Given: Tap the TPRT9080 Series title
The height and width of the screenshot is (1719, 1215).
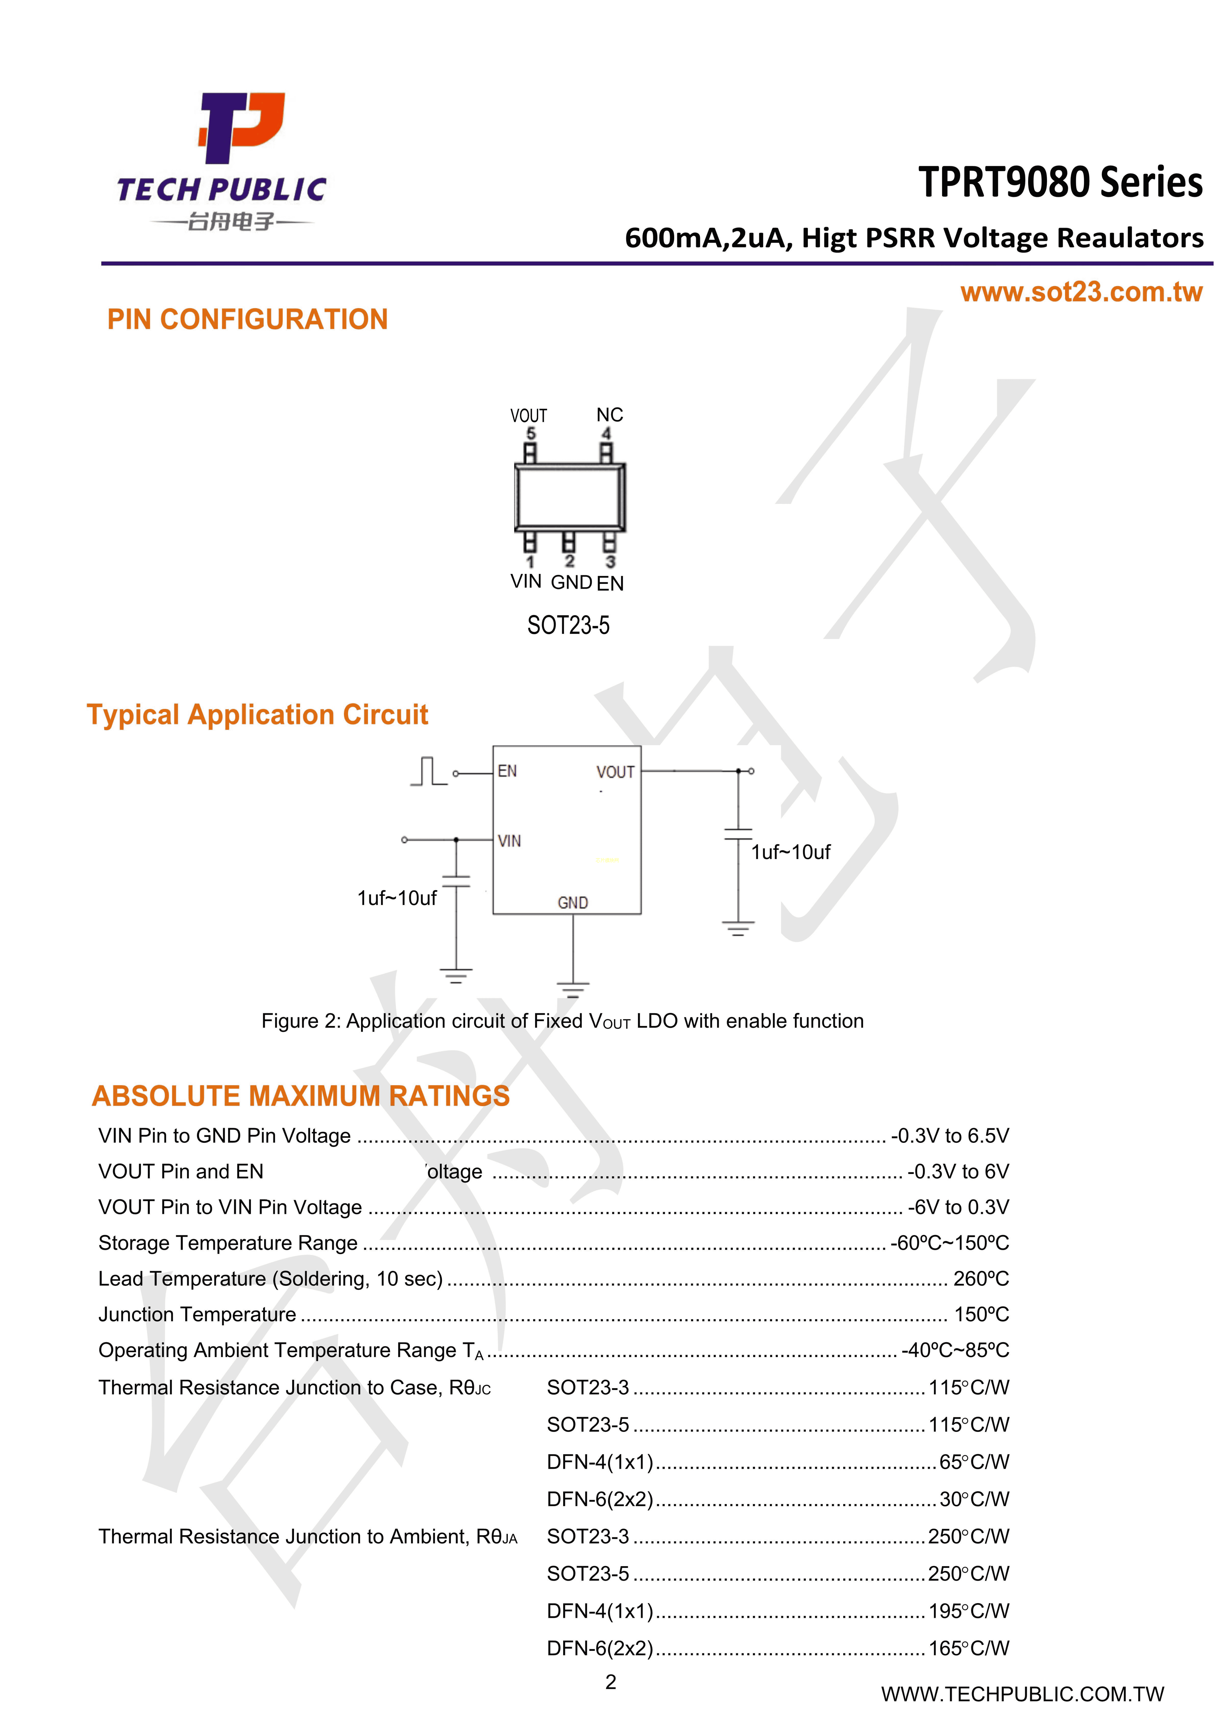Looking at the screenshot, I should pyautogui.click(x=1060, y=183).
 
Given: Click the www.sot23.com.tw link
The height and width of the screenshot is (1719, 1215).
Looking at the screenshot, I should pyautogui.click(x=1081, y=292).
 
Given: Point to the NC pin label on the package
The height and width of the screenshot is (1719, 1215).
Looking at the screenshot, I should pyautogui.click(x=609, y=415).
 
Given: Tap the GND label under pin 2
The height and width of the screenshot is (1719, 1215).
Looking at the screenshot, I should pyautogui.click(x=571, y=582).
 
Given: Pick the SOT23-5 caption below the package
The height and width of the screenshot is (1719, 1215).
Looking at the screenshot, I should pyautogui.click(x=568, y=625).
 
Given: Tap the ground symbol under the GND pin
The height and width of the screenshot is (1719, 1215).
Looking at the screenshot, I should pyautogui.click(x=573, y=990).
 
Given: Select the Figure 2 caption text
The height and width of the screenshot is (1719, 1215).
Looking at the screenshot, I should pyautogui.click(x=562, y=1021).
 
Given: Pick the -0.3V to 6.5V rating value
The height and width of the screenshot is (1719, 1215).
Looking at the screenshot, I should pyautogui.click(x=949, y=1136).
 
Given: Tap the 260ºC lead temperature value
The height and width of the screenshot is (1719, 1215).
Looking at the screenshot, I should pyautogui.click(x=981, y=1279).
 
